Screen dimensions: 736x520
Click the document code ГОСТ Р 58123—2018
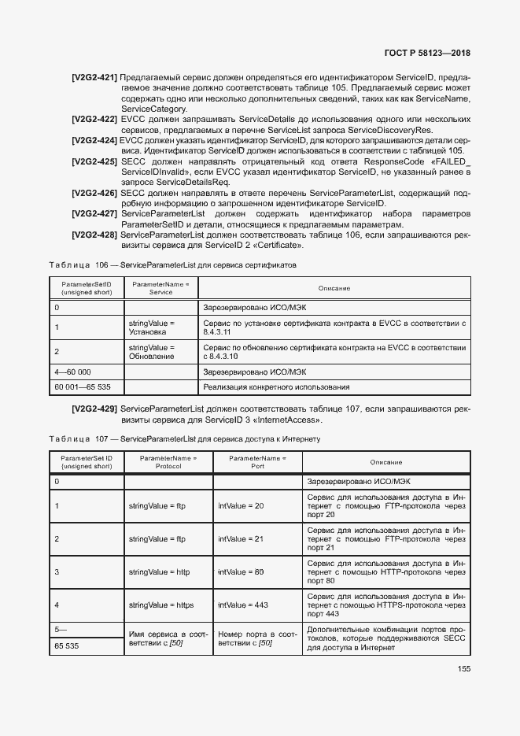coord(433,54)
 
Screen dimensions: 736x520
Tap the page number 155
coord(463,669)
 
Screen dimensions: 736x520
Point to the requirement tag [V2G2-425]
coord(94,161)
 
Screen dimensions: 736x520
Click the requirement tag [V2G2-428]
coord(94,235)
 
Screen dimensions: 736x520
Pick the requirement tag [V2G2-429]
coord(94,409)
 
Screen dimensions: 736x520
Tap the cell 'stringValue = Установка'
coord(151,327)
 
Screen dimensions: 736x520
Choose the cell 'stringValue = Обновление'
coord(151,352)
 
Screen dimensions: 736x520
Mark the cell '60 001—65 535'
coord(79,387)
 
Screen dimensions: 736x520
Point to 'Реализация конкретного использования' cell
coord(276,387)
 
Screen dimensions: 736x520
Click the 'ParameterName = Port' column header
coord(257,461)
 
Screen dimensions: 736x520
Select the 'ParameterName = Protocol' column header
coord(168,461)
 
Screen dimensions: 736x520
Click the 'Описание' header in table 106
coord(334,288)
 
